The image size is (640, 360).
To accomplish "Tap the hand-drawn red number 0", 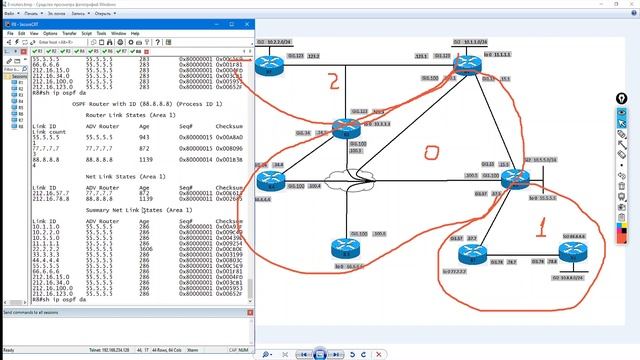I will click(x=431, y=154).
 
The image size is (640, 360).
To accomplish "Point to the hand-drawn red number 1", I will click(x=542, y=227).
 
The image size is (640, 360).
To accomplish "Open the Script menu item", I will click(x=87, y=33).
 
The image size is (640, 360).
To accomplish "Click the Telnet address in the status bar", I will click(x=119, y=351).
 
